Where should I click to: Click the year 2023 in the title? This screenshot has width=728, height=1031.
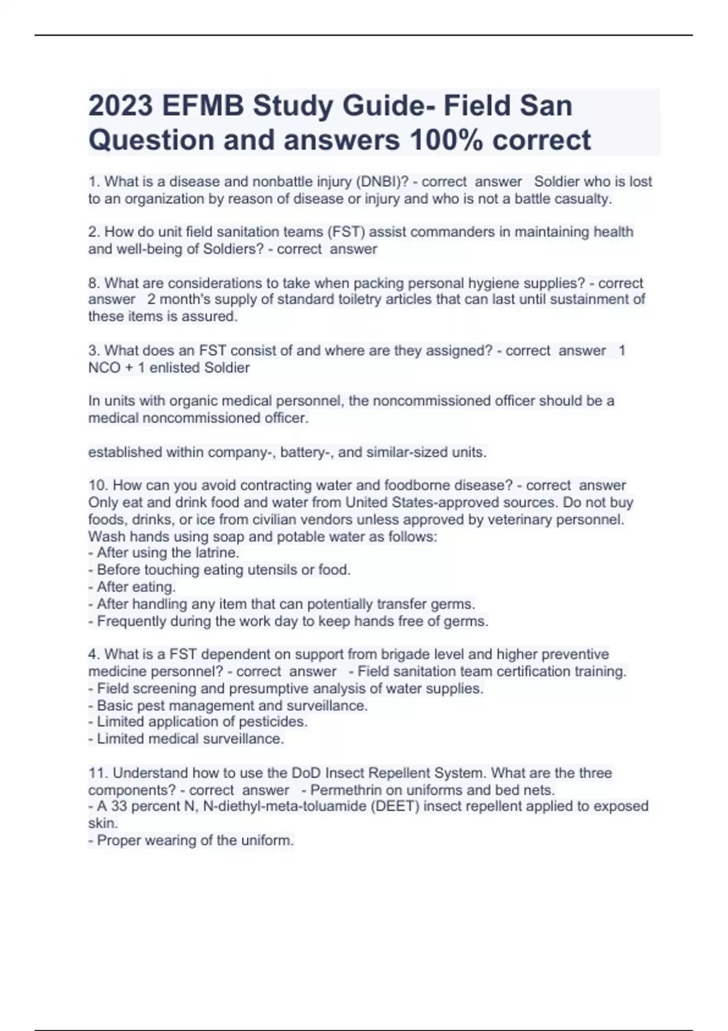[121, 106]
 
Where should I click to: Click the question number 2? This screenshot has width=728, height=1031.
[94, 232]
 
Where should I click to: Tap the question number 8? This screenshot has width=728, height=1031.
[94, 283]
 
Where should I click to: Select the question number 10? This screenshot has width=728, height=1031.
[98, 485]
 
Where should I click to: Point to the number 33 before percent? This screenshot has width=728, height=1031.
[118, 806]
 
